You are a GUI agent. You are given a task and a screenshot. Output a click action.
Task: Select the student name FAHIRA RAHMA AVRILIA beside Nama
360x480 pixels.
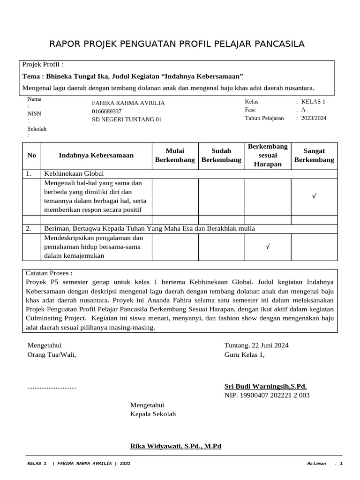(128, 103)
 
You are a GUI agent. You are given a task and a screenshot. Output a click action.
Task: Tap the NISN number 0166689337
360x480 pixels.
(106, 111)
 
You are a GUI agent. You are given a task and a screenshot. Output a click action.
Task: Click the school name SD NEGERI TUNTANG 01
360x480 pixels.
(126, 120)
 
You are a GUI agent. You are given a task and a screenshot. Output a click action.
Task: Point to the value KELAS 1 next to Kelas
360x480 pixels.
(313, 102)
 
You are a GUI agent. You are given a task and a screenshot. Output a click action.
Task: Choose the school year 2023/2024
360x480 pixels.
(314, 118)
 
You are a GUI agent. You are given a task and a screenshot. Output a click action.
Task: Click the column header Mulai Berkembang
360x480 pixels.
(175, 155)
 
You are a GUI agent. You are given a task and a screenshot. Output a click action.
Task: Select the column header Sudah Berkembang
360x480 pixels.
(221, 155)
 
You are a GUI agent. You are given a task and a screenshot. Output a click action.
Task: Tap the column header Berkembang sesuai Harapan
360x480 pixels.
(268, 155)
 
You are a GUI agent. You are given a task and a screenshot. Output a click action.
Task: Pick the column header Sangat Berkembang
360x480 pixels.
(314, 155)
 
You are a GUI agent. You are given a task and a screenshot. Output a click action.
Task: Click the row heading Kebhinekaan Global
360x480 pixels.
(74, 173)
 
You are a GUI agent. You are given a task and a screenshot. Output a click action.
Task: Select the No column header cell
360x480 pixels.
(31, 155)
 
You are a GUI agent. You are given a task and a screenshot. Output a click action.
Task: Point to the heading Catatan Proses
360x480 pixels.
(50, 273)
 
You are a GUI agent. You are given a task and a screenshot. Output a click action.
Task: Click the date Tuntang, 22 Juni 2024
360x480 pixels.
(256, 345)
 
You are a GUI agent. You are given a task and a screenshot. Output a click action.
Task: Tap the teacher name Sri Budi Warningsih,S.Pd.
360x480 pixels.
(265, 386)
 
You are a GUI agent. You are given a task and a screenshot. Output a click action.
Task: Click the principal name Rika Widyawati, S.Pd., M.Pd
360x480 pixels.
(175, 446)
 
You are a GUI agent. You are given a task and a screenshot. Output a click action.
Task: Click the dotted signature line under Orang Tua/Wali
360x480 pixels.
(52, 387)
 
